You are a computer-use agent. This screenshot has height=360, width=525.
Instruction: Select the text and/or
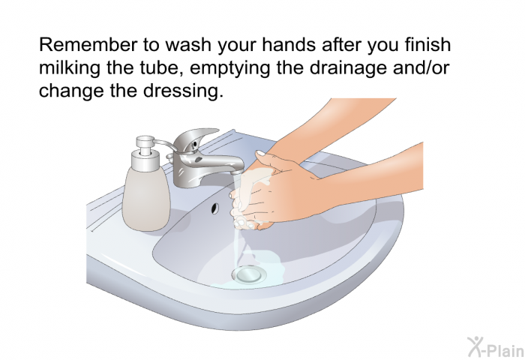(424, 67)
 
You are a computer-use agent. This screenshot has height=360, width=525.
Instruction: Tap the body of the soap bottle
(147, 197)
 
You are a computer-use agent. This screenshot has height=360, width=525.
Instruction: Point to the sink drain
(249, 274)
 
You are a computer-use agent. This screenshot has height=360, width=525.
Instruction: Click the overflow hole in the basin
(214, 208)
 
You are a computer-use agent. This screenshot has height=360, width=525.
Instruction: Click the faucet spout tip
(238, 172)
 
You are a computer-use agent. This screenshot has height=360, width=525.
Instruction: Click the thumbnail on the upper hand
(260, 154)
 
